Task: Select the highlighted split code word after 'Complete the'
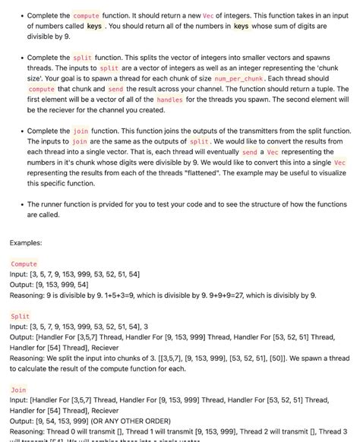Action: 82,58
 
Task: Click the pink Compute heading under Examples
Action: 24,264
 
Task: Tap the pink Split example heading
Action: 21,316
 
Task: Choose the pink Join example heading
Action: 19,388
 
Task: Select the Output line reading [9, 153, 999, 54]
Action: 49,284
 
